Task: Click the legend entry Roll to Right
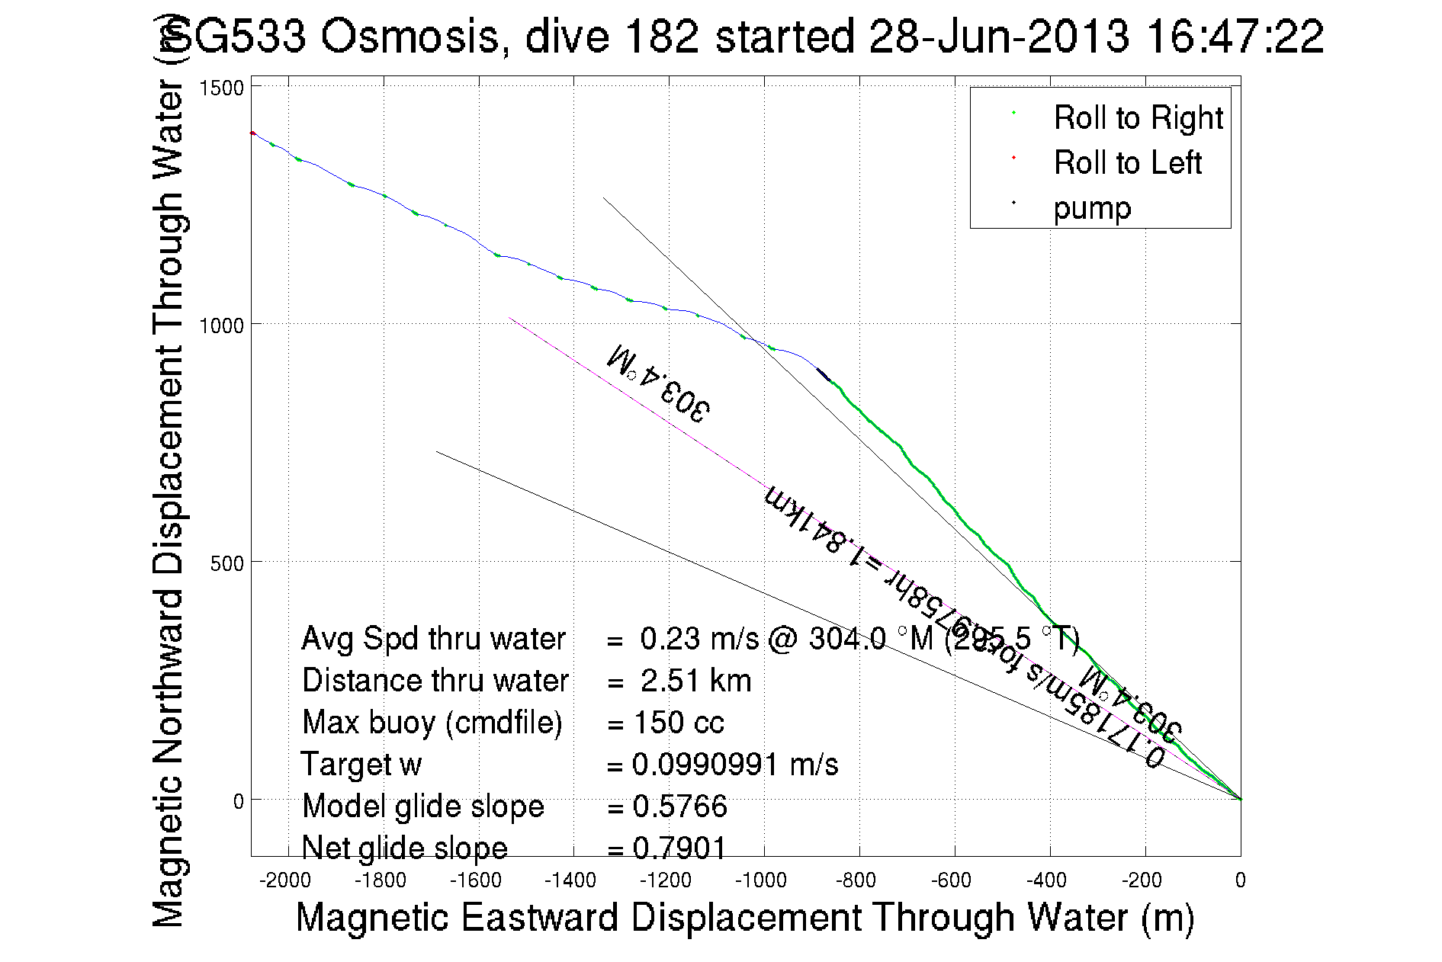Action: point(1138,118)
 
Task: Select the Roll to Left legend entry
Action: point(1127,163)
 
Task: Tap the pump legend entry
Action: point(1092,208)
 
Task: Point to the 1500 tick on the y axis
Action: point(221,88)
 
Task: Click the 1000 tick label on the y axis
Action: point(221,325)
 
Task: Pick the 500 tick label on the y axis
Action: point(226,563)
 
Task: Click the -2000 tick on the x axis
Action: point(285,880)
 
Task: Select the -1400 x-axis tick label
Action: point(570,880)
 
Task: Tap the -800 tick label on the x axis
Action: point(856,880)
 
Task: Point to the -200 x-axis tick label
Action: point(1142,880)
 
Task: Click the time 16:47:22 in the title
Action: point(1235,36)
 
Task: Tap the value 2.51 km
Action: point(695,681)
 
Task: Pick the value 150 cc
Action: point(679,723)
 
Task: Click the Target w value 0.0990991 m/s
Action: point(735,765)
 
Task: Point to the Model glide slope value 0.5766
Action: point(679,806)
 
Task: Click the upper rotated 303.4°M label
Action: point(658,383)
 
